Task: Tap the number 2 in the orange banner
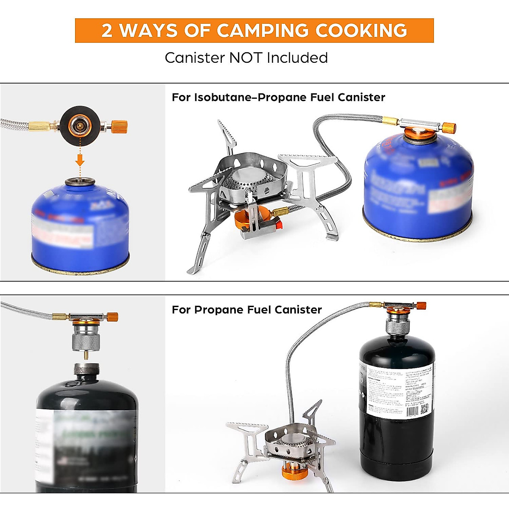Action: coord(107,31)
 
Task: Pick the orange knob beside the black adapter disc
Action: coord(120,126)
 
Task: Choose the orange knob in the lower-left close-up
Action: coord(112,317)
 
